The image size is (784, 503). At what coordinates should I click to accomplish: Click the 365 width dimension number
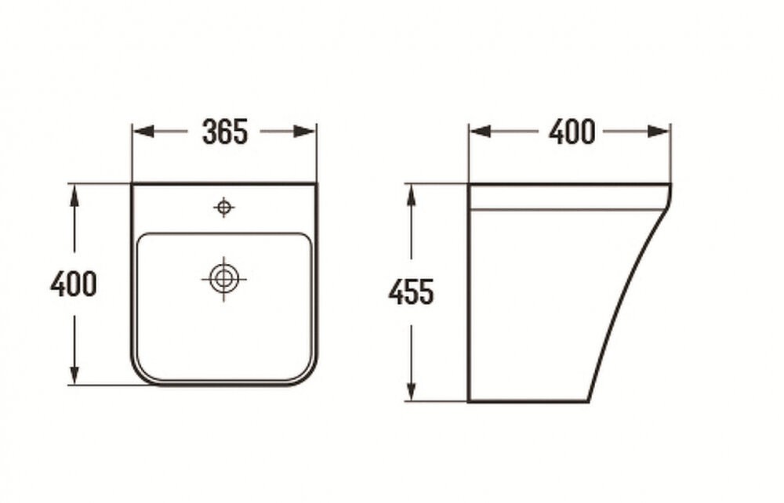(x=224, y=132)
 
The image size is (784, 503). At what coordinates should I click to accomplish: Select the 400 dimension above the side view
(x=572, y=132)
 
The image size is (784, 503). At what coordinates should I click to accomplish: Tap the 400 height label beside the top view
(x=73, y=284)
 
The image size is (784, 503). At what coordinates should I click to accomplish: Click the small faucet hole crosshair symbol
(x=224, y=206)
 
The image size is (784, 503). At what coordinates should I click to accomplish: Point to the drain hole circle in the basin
(x=223, y=279)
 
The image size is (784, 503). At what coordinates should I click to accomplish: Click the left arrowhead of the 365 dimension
(x=143, y=132)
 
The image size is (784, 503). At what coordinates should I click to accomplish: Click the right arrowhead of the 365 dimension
(x=304, y=132)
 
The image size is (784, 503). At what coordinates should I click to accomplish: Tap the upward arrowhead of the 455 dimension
(x=411, y=195)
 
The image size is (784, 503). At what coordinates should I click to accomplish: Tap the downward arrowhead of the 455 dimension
(x=411, y=389)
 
